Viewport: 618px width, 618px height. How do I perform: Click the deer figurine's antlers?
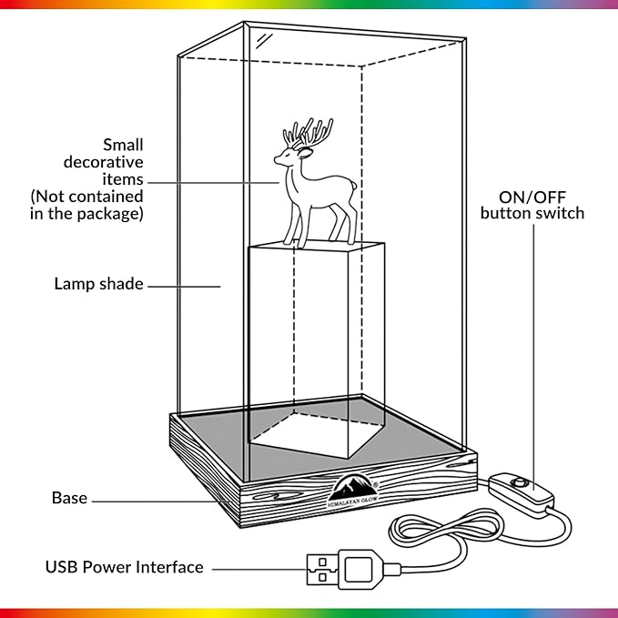[x=309, y=133]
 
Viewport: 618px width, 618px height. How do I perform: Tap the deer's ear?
[x=305, y=153]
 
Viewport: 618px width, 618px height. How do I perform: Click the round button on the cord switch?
[x=519, y=482]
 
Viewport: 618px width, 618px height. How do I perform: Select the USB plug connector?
[x=344, y=568]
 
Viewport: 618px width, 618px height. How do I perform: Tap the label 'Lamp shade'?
[x=98, y=284]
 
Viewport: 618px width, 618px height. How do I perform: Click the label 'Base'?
[x=69, y=498]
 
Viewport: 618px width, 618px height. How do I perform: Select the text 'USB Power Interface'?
[x=124, y=567]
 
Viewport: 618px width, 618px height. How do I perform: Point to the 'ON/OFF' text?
[x=532, y=198]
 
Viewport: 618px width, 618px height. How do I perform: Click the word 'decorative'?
[x=103, y=162]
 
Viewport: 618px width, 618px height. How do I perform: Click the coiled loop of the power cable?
[x=446, y=527]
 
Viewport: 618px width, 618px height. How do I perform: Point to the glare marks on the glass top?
[x=264, y=41]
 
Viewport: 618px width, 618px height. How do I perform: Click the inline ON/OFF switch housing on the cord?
[x=521, y=493]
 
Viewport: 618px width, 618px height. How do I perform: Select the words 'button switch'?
[x=532, y=213]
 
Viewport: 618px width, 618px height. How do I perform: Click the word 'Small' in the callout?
[x=123, y=145]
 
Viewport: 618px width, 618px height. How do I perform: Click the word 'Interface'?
[x=169, y=567]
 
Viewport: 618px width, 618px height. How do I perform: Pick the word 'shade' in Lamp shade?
[x=121, y=284]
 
